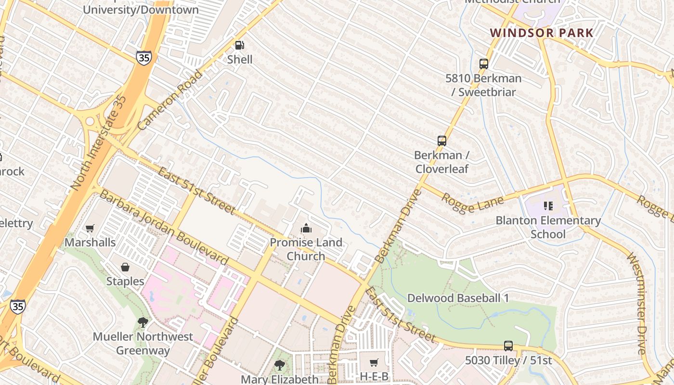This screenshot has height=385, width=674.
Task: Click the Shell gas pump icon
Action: [x=239, y=45]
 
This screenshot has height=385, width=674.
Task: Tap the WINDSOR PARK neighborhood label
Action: [x=542, y=33]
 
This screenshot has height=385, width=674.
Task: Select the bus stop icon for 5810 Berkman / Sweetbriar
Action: [x=484, y=64]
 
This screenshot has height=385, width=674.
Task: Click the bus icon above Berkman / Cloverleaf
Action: [x=442, y=141]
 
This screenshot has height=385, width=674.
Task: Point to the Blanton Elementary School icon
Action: [x=548, y=206]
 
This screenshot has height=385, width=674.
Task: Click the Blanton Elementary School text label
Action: [x=548, y=227]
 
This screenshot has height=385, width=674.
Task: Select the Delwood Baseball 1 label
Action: [x=458, y=298]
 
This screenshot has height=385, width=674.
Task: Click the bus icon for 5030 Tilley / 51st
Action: [x=508, y=346]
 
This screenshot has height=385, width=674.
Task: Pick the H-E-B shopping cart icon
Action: [x=374, y=362]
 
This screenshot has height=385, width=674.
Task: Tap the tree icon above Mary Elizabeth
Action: [x=279, y=365]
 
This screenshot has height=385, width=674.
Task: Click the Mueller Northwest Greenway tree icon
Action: [x=143, y=322]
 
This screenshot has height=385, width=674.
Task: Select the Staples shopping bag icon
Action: [x=125, y=267]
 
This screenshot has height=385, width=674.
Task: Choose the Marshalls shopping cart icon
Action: [x=90, y=228]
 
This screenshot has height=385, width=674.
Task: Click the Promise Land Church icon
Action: [x=306, y=228]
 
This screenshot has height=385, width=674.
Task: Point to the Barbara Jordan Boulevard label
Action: [x=164, y=227]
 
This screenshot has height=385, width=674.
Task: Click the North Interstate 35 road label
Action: [x=99, y=142]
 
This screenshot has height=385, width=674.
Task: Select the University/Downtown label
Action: [x=141, y=9]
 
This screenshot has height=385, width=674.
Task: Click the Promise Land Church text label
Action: [x=306, y=249]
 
